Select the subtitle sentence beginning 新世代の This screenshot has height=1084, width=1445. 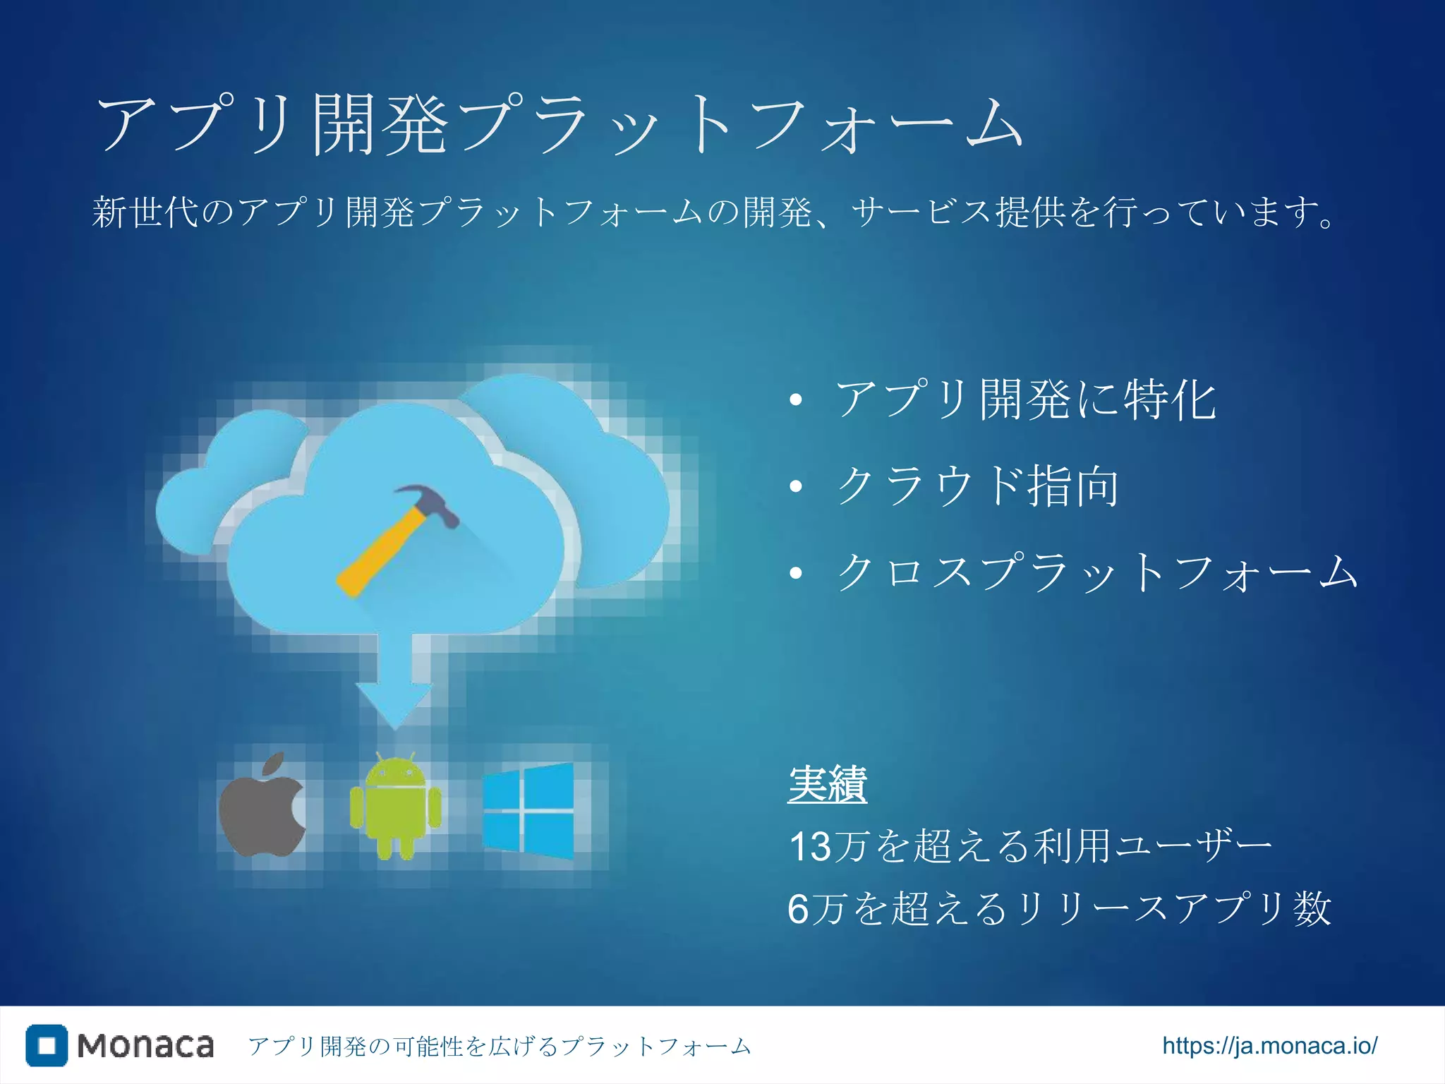coord(713,212)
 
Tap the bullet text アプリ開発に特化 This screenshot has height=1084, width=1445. coord(1026,399)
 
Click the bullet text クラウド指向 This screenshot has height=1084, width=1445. coord(977,486)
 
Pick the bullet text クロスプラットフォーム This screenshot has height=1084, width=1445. coord(1096,572)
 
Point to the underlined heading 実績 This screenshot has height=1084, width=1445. coord(827,784)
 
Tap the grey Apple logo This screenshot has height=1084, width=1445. coord(262,807)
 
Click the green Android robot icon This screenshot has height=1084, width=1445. coord(395,807)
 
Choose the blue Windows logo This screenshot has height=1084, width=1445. coord(528,811)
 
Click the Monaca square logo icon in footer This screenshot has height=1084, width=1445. coord(47,1045)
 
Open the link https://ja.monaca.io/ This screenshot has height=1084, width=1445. coord(1269,1045)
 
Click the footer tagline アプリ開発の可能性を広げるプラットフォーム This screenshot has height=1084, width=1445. coord(500,1046)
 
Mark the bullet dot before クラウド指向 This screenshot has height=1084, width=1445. coord(796,486)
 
